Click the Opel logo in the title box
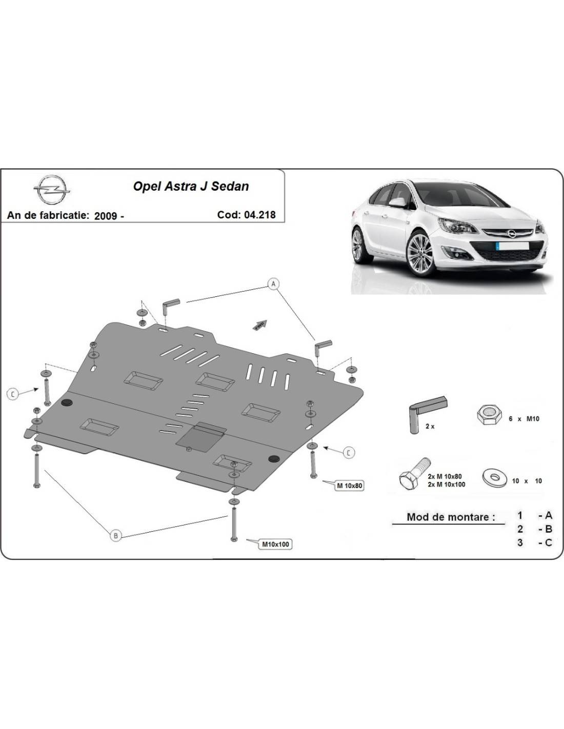coord(52,190)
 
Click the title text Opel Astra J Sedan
coord(191,187)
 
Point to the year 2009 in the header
coord(106,215)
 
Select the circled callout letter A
coord(273,284)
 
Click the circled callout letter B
coord(116,535)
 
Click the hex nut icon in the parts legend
coord(489,416)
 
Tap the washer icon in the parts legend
coord(495,478)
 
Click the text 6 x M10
coord(523,419)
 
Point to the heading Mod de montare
coord(451,517)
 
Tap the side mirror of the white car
coord(398,202)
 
